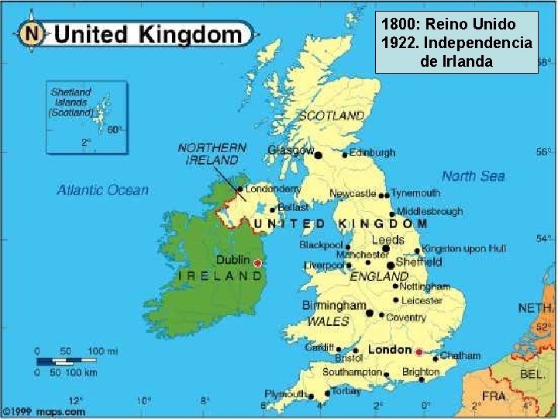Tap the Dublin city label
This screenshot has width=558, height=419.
tap(232, 261)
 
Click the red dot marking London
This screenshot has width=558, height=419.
tap(419, 351)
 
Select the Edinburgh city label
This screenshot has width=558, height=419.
tap(372, 153)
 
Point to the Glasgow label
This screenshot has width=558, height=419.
tap(291, 150)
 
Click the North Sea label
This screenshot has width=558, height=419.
tap(473, 176)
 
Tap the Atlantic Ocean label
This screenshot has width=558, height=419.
tap(102, 190)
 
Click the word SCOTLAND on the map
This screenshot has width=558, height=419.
tap(331, 115)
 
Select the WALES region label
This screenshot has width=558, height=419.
tap(328, 321)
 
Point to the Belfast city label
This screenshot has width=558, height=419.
tap(292, 208)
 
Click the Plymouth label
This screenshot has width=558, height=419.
tap(286, 394)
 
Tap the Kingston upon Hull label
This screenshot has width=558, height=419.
tap(463, 249)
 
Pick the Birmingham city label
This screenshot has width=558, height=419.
tap(333, 306)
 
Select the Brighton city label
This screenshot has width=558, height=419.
tap(421, 372)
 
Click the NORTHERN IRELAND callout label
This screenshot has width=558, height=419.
tap(212, 153)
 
